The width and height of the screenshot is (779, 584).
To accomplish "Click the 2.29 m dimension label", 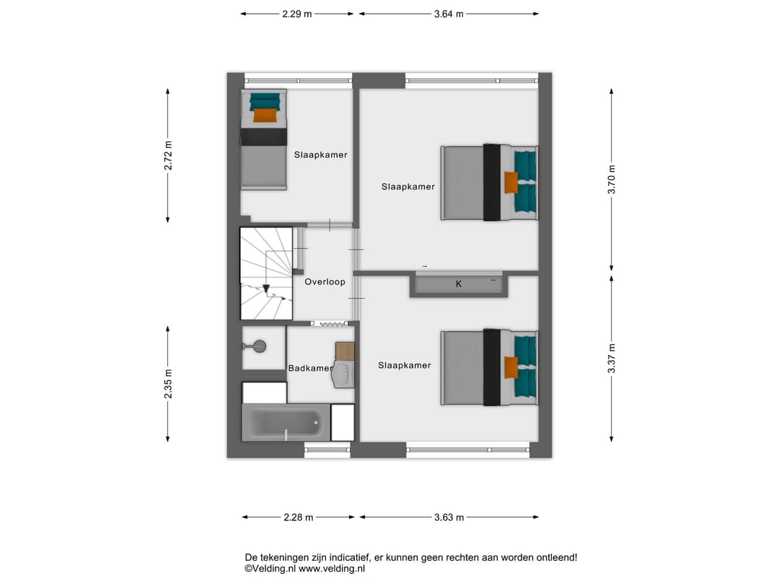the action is tap(297, 14).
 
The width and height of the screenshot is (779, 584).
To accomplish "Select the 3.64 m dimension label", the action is tap(449, 14).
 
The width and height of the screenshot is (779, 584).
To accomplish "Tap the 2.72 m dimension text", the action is tap(168, 156).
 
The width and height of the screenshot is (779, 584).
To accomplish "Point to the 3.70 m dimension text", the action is tap(612, 180).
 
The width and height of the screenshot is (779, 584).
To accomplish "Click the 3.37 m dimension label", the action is tap(612, 358).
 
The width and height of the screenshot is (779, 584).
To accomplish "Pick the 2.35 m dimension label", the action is tap(168, 384).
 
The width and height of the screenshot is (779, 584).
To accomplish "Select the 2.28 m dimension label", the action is tap(299, 518).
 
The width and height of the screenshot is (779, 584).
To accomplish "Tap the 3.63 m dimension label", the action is tap(449, 518).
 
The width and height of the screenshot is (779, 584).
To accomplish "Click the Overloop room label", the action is tap(325, 282).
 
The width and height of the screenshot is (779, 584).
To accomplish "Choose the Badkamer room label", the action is tap(310, 368).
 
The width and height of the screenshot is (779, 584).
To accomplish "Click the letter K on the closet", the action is tap(459, 284).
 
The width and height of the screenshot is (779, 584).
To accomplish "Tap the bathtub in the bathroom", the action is tap(286, 422).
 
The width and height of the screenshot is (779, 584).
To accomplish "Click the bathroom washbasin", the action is tap(343, 374).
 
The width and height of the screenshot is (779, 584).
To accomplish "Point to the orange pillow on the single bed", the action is tap(265, 115).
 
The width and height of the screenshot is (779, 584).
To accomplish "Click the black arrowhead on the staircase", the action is tap(265, 288).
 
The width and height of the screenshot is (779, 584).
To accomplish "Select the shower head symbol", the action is tap(259, 346).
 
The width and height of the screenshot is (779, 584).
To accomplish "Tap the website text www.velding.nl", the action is tap(331, 569).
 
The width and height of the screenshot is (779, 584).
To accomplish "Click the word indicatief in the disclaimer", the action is tap(346, 557).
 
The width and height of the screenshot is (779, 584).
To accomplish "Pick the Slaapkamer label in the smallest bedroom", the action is tap(320, 155).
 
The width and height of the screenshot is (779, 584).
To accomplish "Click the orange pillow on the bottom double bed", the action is tap(511, 368).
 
